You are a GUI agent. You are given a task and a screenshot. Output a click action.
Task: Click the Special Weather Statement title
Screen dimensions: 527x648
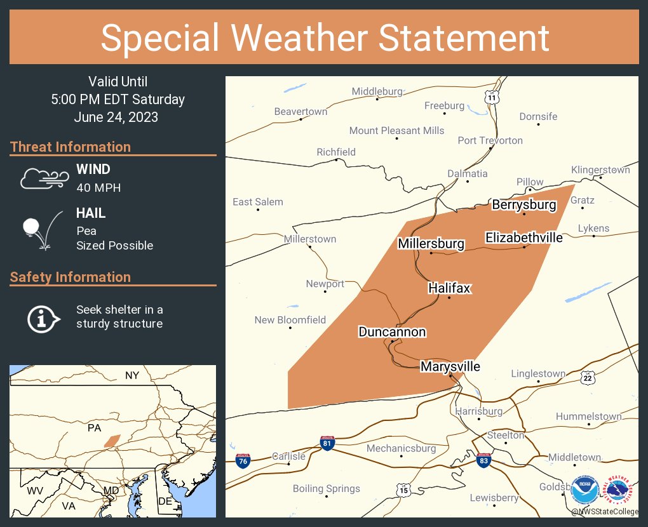coord(324,37)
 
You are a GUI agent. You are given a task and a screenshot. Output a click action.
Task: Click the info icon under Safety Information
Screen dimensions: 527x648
coord(43,317)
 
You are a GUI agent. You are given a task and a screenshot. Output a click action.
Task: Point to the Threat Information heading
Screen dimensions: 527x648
coord(71,147)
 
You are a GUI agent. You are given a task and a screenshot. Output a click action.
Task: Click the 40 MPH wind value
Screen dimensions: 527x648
coord(98,187)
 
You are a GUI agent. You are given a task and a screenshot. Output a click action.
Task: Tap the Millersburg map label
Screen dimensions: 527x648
coord(431,243)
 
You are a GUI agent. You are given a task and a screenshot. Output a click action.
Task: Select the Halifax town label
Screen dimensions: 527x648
coord(449,288)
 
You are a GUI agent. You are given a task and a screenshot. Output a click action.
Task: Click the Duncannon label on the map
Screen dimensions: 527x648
coord(392,331)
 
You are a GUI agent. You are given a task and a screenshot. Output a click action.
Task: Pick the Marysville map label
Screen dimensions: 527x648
coord(450,366)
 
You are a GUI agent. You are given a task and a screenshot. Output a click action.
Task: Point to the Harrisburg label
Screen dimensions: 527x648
coord(478,411)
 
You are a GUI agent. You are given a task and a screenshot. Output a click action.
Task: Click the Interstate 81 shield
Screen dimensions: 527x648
coord(327,443)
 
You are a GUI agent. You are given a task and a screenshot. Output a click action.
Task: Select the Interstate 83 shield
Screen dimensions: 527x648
coord(483,459)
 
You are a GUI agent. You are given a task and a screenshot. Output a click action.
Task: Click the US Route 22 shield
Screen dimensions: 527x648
coord(588,378)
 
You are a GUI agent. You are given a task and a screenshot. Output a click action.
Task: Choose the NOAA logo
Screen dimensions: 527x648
coord(584,490)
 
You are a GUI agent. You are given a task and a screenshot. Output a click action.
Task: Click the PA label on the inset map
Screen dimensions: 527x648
coord(94,428)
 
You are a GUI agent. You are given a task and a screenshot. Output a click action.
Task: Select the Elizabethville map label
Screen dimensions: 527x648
coord(523,237)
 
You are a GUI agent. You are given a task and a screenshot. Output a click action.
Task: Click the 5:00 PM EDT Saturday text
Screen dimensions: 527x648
coord(118,99)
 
